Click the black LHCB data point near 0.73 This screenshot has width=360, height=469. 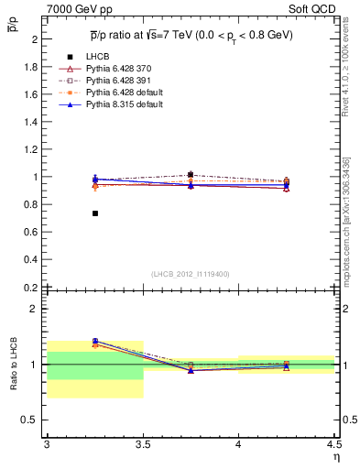click(x=94, y=213)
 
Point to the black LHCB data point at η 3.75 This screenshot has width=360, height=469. click(x=191, y=174)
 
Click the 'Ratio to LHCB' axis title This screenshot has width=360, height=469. click(x=13, y=365)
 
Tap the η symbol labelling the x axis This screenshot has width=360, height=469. click(x=335, y=457)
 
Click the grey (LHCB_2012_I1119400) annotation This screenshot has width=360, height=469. click(x=190, y=274)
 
